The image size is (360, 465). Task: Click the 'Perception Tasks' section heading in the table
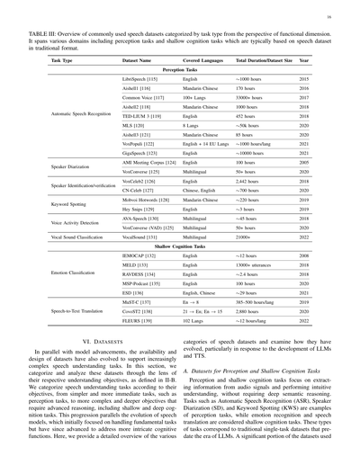(x=180, y=69)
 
